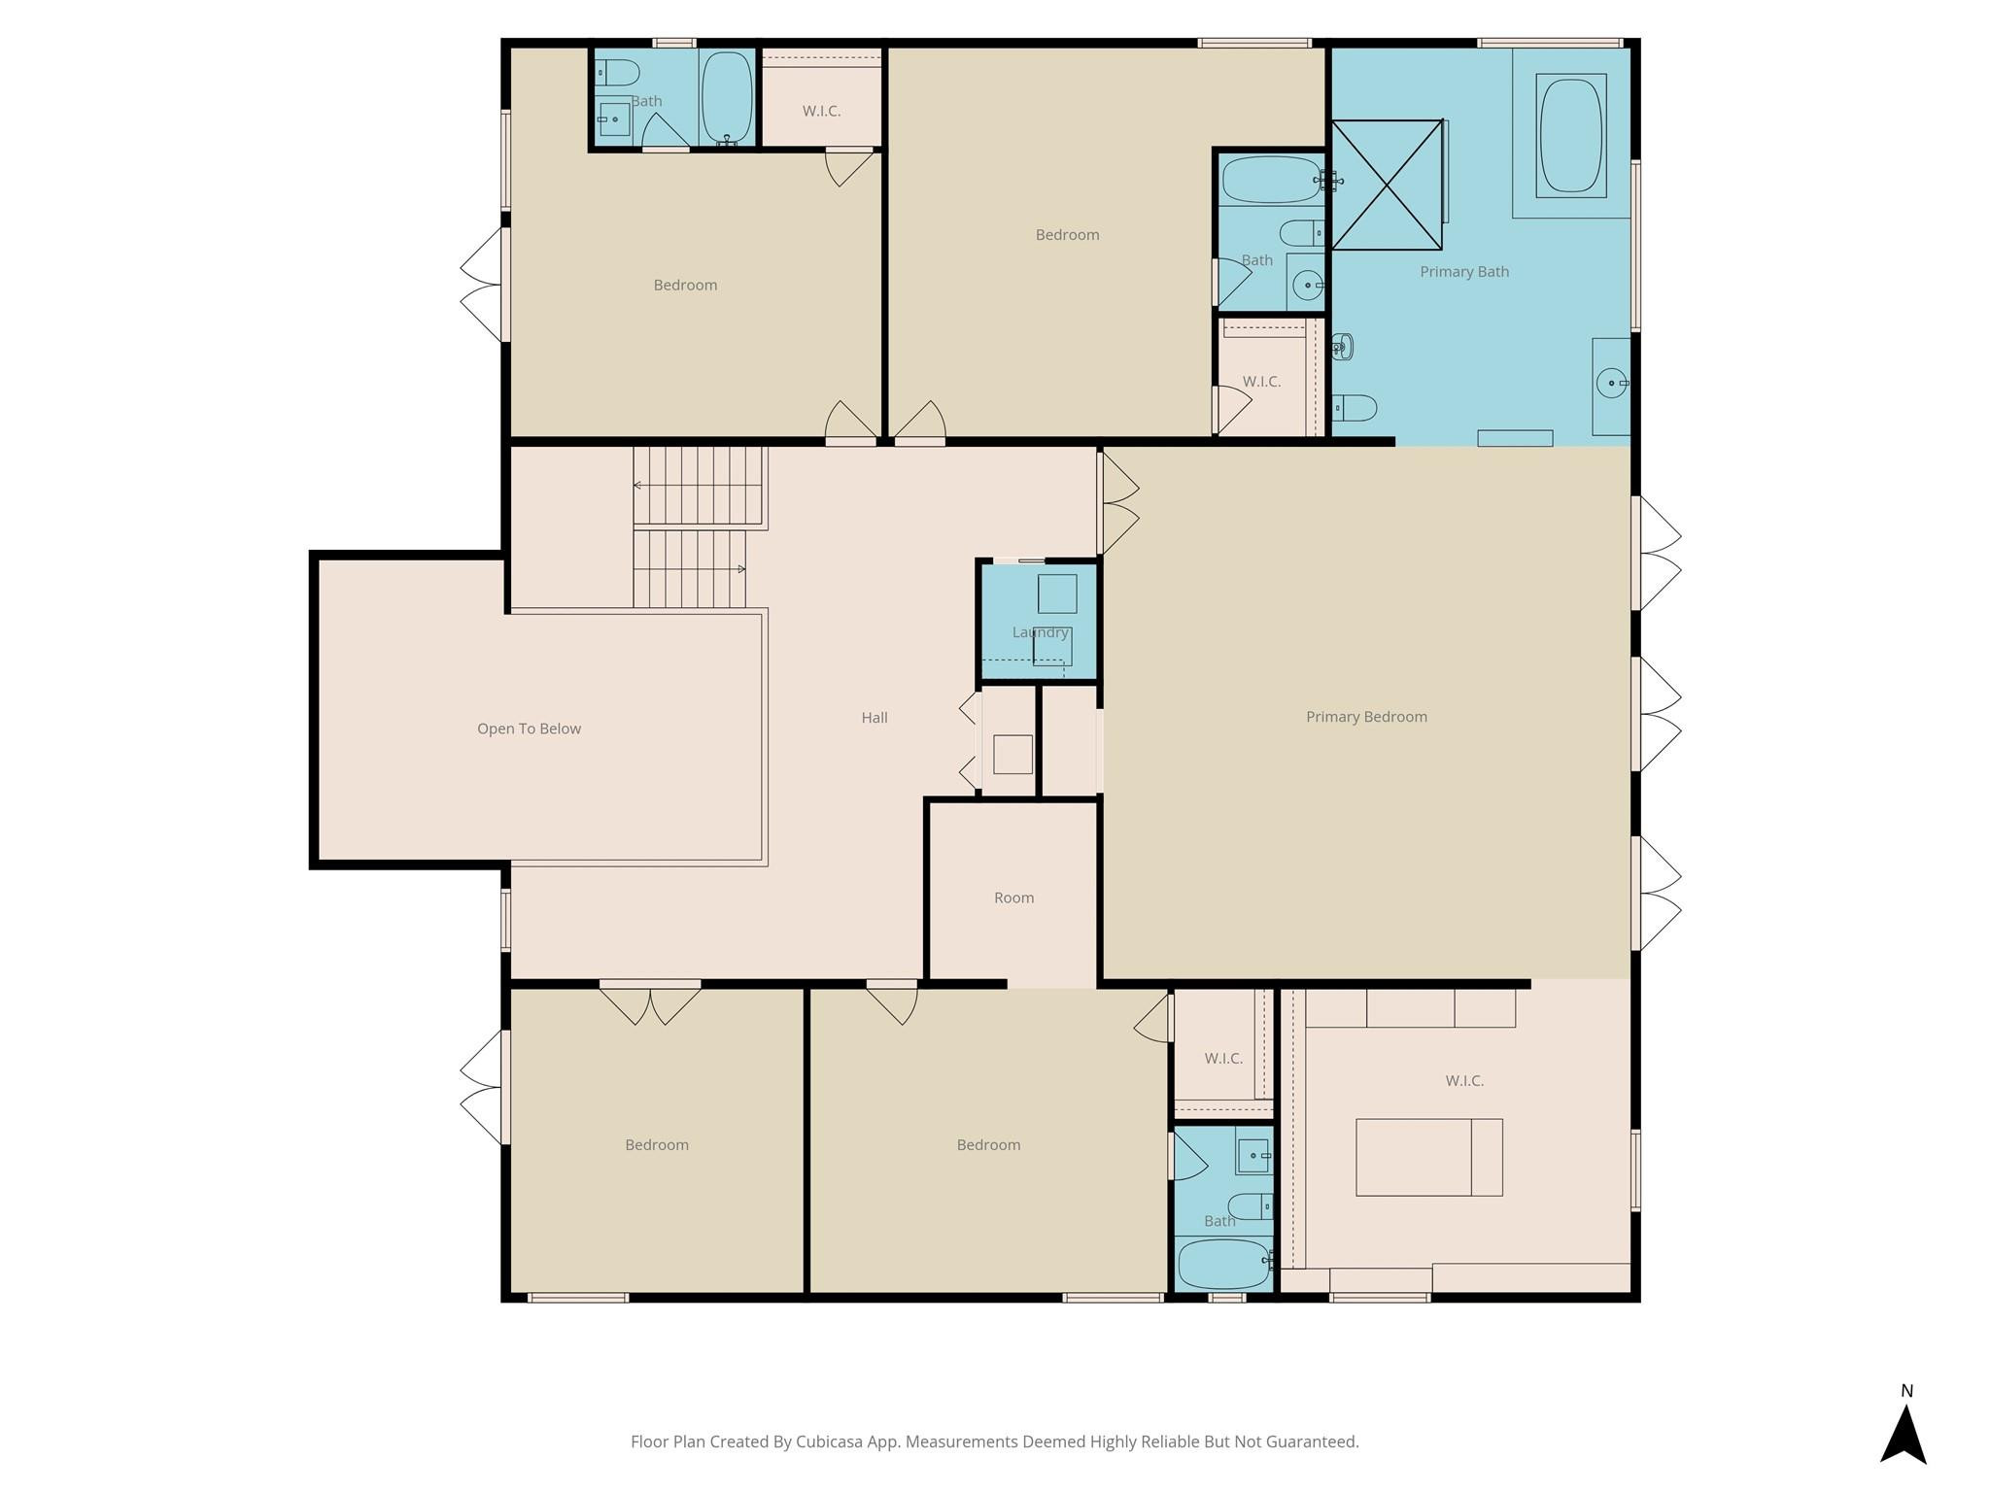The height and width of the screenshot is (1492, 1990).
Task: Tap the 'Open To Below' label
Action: pos(529,729)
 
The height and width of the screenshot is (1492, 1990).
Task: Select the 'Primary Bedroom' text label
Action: pos(1366,717)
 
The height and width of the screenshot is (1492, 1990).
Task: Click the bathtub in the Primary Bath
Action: pos(1570,135)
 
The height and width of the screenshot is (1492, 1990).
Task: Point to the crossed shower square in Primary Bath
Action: pos(1387,185)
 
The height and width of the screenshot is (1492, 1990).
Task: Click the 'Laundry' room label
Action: pos(1040,632)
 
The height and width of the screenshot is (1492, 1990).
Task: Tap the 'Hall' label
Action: pos(875,718)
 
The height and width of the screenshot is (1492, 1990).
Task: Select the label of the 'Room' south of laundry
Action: pos(1013,898)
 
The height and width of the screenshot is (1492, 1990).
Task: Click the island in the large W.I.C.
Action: pos(1428,1157)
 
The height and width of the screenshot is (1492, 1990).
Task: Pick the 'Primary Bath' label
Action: pos(1464,272)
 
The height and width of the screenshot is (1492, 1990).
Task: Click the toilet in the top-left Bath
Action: pos(617,73)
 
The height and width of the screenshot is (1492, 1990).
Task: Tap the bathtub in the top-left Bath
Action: pos(726,97)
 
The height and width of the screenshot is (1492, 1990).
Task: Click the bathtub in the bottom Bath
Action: pos(1221,1263)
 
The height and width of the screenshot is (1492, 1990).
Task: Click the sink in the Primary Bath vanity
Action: pos(1612,384)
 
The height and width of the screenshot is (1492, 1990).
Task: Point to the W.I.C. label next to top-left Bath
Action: pos(821,112)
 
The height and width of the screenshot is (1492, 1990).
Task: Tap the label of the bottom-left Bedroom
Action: pos(657,1145)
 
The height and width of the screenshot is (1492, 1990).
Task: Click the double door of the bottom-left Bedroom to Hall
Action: pos(650,1002)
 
